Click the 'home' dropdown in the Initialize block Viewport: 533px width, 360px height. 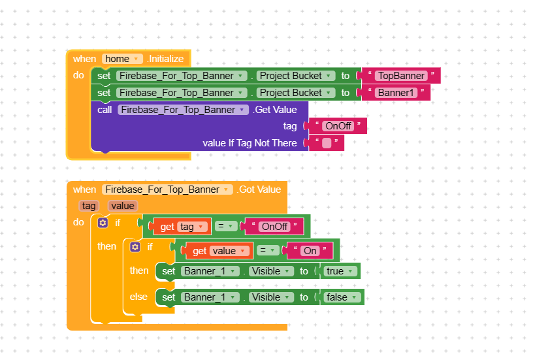pos(123,59)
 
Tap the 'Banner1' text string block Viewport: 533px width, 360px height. pos(396,93)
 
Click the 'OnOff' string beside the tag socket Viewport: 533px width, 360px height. pos(338,126)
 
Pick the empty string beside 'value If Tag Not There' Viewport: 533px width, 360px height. pos(327,143)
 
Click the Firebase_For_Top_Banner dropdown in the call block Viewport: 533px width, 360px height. pos(184,110)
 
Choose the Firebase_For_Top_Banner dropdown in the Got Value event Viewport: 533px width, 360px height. pos(167,189)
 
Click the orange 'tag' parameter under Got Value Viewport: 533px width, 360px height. pos(88,206)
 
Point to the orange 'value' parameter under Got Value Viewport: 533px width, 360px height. pos(123,206)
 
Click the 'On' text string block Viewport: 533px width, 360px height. pos(310,251)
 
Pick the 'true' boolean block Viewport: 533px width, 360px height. pos(339,271)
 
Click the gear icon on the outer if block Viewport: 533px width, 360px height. pos(103,223)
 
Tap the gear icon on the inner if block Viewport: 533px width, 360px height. pos(135,247)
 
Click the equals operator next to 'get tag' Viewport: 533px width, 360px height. pos(225,227)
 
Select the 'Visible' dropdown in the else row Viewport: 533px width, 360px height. pos(270,297)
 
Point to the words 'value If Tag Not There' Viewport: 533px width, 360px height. pos(250,143)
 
